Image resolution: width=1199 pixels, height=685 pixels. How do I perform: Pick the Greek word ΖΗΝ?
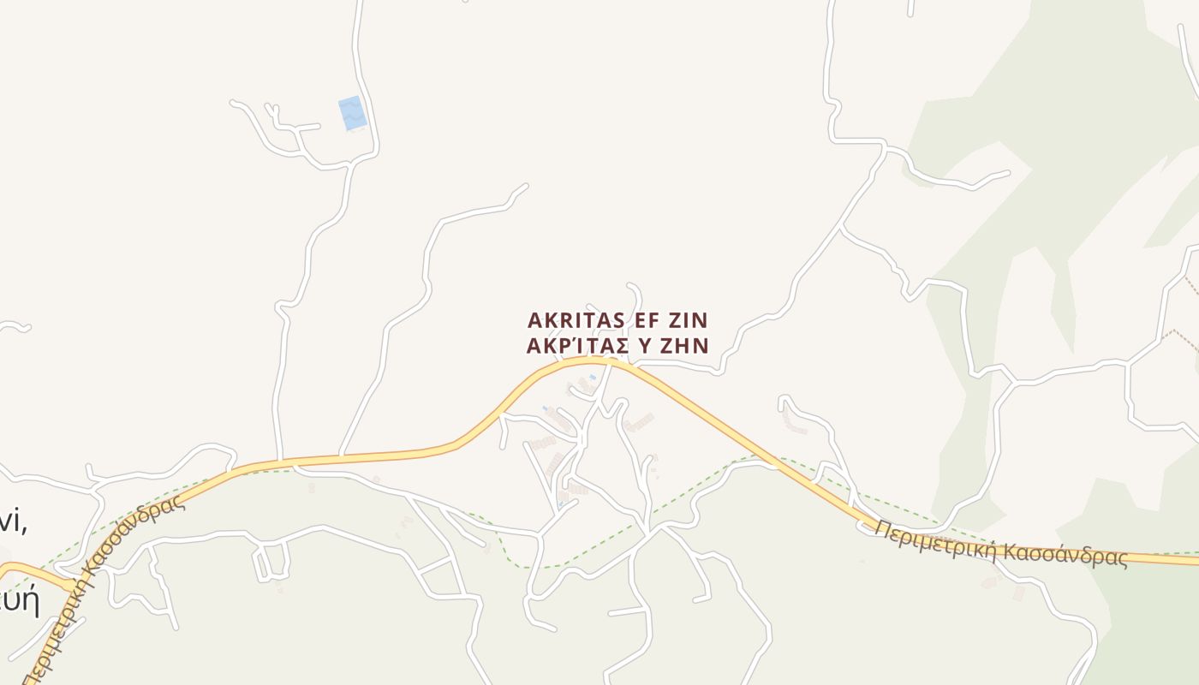pyautogui.click(x=692, y=345)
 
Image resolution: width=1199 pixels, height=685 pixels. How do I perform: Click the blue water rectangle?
pyautogui.click(x=352, y=113)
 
